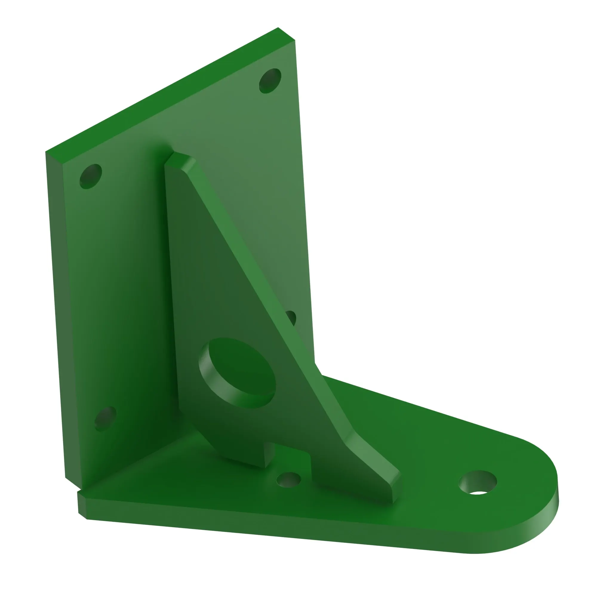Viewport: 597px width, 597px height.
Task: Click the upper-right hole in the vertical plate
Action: pos(270,81)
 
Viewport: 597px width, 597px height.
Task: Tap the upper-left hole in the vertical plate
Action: pos(90,176)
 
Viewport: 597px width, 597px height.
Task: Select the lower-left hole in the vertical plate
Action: pos(105,419)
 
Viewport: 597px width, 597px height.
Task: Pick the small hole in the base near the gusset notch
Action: pos(288,480)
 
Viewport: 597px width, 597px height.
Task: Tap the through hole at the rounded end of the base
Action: pos(478,482)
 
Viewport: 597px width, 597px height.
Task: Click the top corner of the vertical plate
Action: pos(278,28)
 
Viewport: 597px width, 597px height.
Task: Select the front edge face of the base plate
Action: pos(278,525)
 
